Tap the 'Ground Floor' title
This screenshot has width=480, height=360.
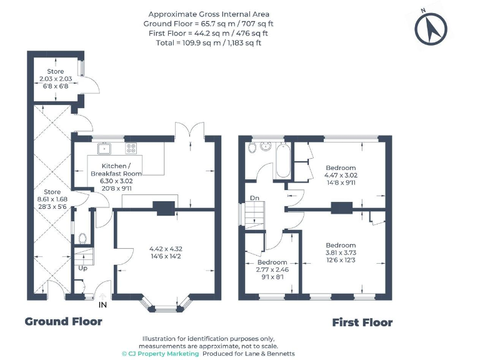[x=63, y=321]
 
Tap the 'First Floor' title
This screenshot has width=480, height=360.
[x=362, y=322]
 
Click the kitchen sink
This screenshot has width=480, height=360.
[x=104, y=148]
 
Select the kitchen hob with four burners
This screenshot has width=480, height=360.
[x=131, y=148]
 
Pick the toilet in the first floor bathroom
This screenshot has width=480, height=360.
[x=252, y=147]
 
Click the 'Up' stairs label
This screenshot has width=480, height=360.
[x=81, y=268]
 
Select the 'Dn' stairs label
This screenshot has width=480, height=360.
[x=254, y=198]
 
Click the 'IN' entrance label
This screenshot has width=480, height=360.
[x=103, y=304]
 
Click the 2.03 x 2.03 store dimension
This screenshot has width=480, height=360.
[x=55, y=79]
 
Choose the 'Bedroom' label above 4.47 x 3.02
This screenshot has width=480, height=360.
[x=341, y=168]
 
